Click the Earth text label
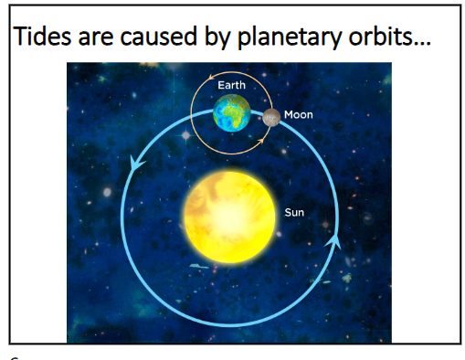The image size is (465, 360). point(231,85)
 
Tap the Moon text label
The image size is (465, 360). point(298,115)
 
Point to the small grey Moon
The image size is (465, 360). point(271,116)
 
